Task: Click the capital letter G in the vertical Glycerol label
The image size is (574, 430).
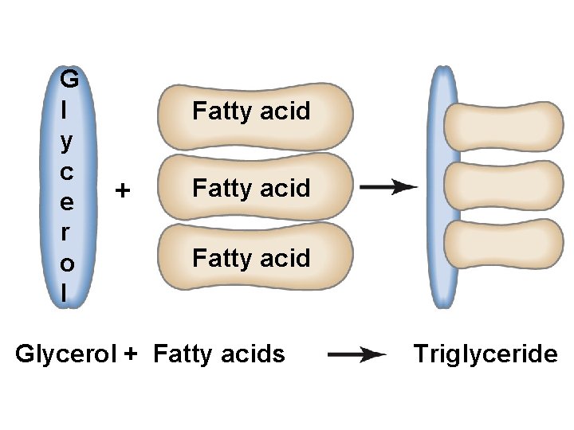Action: pyautogui.click(x=69, y=79)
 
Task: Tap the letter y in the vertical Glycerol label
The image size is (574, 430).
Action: pyautogui.click(x=69, y=142)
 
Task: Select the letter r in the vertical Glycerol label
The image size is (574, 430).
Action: pyautogui.click(x=69, y=232)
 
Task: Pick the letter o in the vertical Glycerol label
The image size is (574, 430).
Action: pyautogui.click(x=69, y=262)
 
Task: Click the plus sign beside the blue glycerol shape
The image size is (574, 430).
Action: pyautogui.click(x=122, y=191)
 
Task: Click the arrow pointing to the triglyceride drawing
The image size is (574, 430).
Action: pyautogui.click(x=388, y=187)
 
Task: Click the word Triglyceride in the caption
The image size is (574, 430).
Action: pyautogui.click(x=486, y=354)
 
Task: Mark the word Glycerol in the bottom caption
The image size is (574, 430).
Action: pyautogui.click(x=66, y=354)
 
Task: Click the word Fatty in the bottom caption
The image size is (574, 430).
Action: pyautogui.click(x=182, y=354)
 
